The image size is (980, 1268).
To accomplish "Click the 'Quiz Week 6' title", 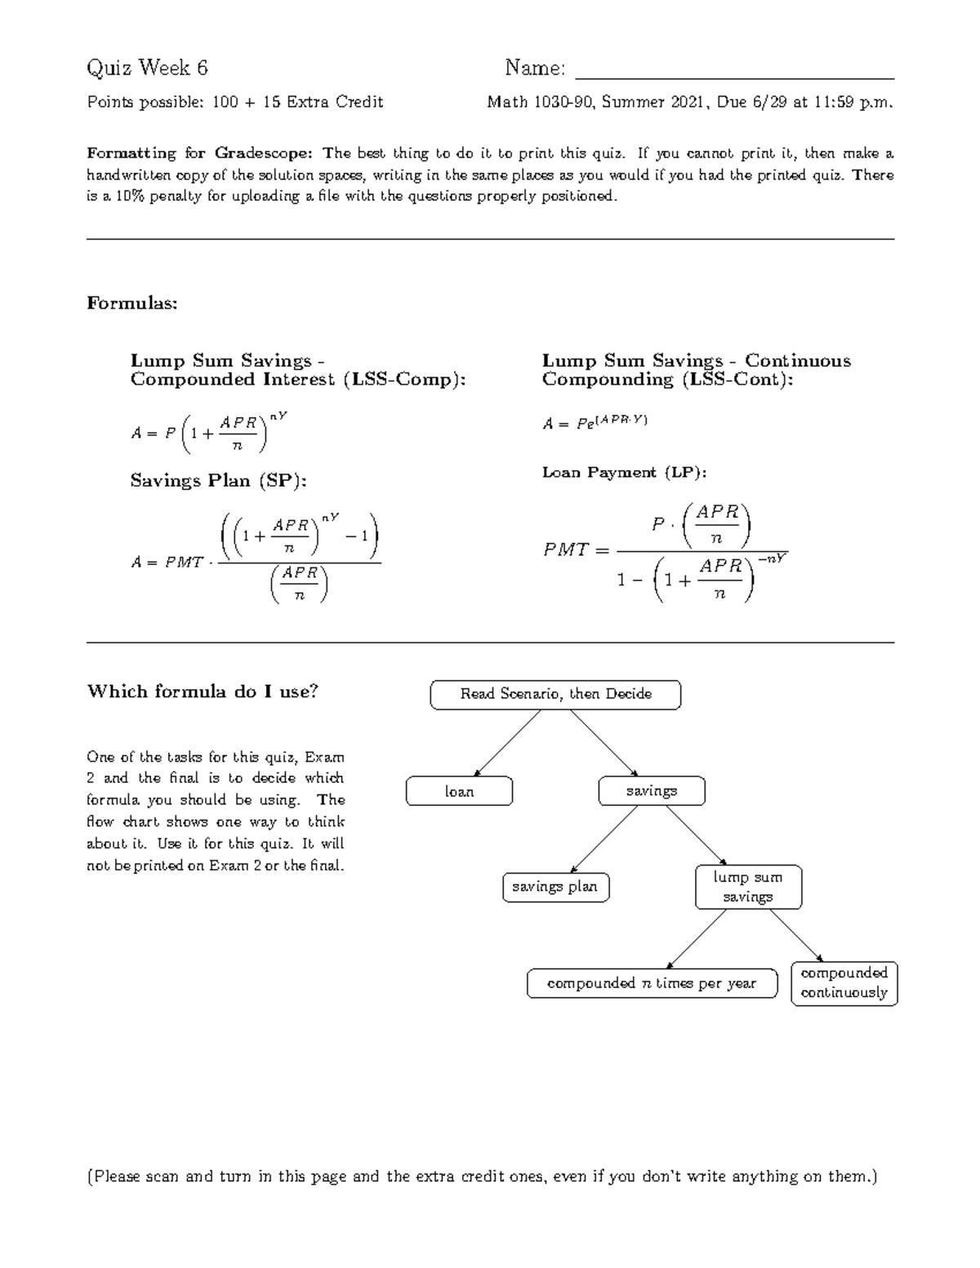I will [x=147, y=68].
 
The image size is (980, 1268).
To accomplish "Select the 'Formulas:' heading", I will [x=131, y=304].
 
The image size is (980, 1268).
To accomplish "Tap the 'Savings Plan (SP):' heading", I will [x=218, y=481].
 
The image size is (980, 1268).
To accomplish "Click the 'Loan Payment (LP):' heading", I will [x=624, y=473].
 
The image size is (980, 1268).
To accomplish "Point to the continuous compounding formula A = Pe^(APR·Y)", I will [x=595, y=422].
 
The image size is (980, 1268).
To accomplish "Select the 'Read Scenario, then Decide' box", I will [x=555, y=694].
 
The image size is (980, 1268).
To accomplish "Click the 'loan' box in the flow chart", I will [x=460, y=791].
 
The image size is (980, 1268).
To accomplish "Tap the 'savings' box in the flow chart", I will [x=651, y=791].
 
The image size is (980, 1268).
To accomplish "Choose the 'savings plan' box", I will [x=555, y=887].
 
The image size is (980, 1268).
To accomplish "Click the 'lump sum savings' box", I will [x=748, y=887].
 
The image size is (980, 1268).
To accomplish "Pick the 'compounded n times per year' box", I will [x=652, y=983].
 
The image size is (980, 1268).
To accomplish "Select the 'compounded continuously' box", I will [x=844, y=983].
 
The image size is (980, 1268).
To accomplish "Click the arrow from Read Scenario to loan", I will [x=508, y=741].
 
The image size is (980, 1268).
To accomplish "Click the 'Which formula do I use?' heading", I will [x=203, y=692].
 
